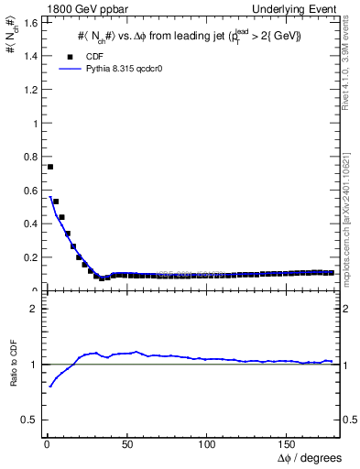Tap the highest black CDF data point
50,167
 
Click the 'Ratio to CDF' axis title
14,378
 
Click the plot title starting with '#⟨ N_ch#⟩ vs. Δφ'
189,36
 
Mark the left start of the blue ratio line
49,387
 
